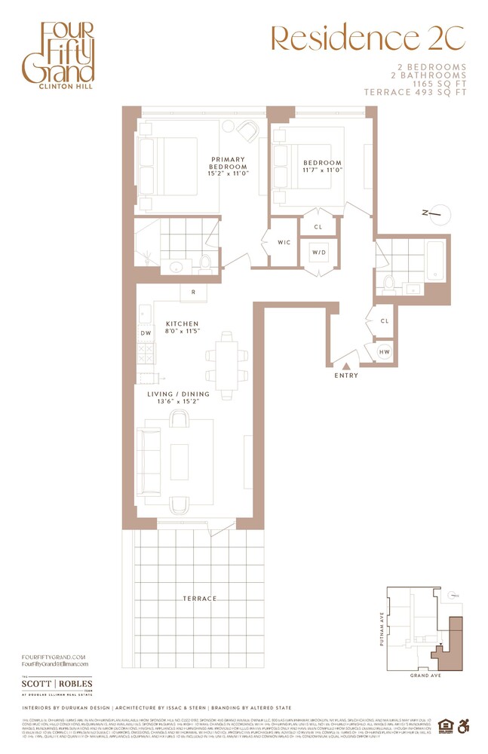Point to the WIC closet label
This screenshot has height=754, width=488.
[284, 243]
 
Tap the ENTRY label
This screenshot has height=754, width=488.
[346, 375]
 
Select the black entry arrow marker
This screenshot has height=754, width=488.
[346, 366]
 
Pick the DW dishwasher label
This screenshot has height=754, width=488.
[144, 333]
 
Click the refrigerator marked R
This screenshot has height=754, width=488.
[194, 293]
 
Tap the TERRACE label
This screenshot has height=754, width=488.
[199, 598]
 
